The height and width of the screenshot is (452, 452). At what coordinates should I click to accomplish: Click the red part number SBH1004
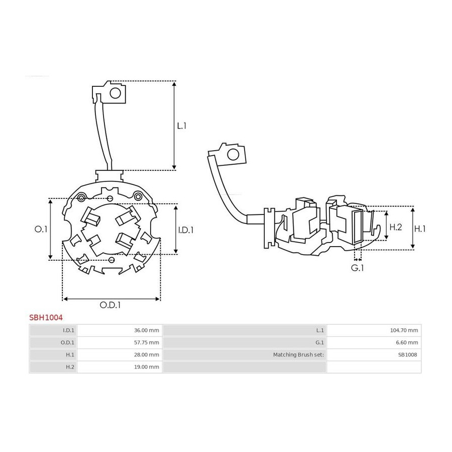point(46,317)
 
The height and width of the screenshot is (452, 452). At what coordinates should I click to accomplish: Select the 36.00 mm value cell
point(120,330)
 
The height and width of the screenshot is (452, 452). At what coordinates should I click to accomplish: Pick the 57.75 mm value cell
point(120,343)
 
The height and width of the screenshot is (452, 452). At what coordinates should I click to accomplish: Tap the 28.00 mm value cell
point(120,355)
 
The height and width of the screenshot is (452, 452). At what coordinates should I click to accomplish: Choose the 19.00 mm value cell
point(120,367)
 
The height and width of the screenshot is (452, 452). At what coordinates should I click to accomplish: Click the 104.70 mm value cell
point(374,330)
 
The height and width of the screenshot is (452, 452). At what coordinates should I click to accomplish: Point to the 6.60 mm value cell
point(374,343)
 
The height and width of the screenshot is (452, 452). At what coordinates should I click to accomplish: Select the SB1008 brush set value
point(408,355)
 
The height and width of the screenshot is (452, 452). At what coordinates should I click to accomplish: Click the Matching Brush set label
point(298,355)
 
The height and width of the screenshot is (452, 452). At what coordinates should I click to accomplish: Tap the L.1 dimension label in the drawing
point(182,126)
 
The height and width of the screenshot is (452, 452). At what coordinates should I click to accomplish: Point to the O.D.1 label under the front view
point(110,305)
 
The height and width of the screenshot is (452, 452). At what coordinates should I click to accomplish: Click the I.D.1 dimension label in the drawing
point(186,230)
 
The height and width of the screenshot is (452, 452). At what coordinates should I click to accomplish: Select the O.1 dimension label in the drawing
point(41,229)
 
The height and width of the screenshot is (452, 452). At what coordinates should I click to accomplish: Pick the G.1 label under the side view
point(357,268)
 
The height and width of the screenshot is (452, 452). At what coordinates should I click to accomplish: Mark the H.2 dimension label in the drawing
point(396,227)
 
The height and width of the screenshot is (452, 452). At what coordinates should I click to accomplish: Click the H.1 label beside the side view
point(420,229)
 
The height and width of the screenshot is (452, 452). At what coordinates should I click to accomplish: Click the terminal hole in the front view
point(116,93)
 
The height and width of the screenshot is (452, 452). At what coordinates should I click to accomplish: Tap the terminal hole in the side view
point(233,155)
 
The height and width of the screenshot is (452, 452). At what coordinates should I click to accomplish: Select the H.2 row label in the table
point(70,367)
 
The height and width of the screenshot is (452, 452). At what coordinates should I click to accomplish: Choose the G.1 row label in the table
point(319,343)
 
